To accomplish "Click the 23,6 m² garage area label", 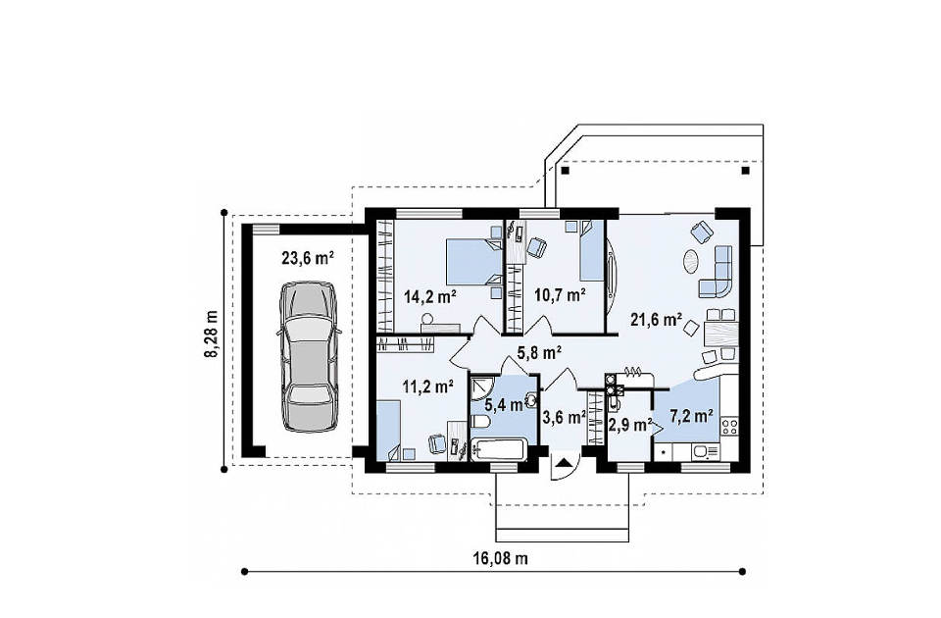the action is click(307, 258).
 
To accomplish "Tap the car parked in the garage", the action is click(308, 357).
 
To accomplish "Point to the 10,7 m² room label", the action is click(560, 295).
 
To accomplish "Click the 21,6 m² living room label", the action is click(656, 319).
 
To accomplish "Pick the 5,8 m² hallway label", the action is click(539, 352).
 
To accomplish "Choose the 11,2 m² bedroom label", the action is click(427, 386).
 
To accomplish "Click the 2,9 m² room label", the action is click(630, 425).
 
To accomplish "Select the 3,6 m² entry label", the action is click(564, 416).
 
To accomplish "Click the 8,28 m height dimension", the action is click(212, 335).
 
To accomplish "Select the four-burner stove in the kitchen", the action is click(729, 427).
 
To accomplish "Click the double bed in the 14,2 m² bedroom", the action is click(473, 262).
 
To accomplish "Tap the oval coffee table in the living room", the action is click(690, 261).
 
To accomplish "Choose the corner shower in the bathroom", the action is click(481, 387).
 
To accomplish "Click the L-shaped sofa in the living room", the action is click(717, 272).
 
